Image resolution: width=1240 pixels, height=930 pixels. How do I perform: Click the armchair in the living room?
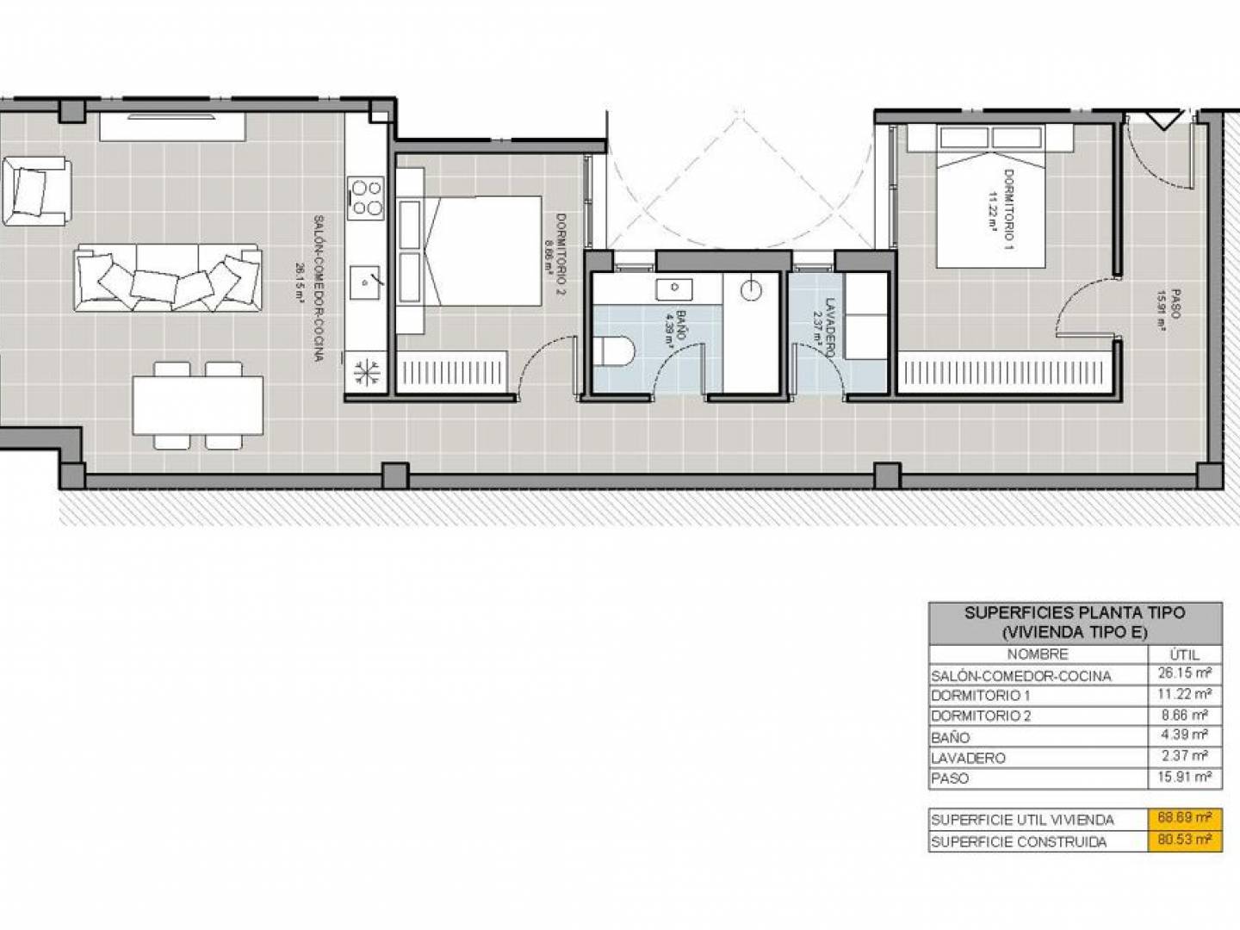click(x=37, y=191)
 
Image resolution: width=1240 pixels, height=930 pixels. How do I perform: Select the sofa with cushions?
click(x=168, y=278)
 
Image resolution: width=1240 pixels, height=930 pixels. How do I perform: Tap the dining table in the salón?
click(x=198, y=406)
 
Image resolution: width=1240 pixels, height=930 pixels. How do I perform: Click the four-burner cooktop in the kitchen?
click(x=365, y=198)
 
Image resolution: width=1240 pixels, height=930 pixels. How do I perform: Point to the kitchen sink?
click(x=365, y=282)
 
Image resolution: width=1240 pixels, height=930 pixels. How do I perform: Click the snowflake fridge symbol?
click(x=366, y=372)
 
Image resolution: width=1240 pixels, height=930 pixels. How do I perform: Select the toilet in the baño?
click(x=614, y=351)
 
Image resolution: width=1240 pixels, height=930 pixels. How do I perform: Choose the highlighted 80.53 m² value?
click(x=1185, y=840)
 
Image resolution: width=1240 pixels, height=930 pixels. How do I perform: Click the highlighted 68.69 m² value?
click(x=1185, y=818)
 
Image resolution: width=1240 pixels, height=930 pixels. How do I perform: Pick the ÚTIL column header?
click(x=1184, y=654)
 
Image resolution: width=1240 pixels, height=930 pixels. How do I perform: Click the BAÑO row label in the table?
click(x=950, y=737)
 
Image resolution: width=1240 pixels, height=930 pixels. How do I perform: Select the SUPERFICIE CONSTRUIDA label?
click(x=1019, y=842)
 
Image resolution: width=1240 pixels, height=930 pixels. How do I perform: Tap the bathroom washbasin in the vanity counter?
click(x=674, y=289)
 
